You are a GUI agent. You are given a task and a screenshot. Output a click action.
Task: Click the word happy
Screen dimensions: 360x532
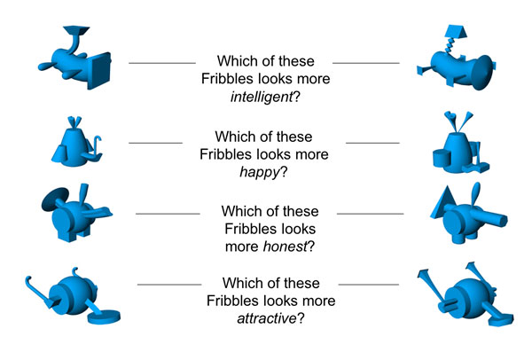pos(261,171)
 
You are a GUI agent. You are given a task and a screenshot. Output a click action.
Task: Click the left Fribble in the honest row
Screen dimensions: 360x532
pos(74,213)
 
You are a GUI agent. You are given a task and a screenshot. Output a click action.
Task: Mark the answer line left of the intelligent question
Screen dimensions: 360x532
pos(161,63)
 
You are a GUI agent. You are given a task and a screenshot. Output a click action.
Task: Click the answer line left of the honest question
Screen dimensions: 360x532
pos(168,213)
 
